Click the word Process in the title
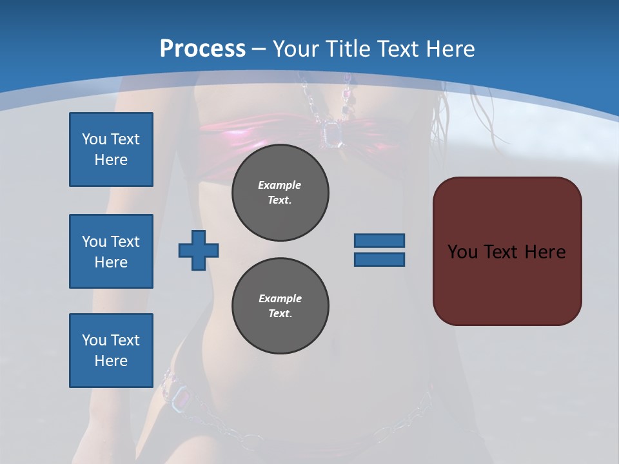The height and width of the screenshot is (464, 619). [202, 49]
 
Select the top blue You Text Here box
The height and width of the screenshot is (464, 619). [111, 150]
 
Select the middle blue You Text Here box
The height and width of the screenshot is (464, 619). [111, 251]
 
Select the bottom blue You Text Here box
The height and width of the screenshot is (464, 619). [111, 351]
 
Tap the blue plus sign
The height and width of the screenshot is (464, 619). [199, 250]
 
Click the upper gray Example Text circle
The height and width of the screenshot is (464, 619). [280, 193]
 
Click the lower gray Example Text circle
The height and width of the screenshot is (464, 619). [280, 306]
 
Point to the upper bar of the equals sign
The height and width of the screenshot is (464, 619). [379, 240]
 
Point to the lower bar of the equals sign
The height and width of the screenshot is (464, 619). [379, 259]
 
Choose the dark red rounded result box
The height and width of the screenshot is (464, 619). [507, 251]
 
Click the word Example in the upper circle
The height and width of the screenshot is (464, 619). [280, 185]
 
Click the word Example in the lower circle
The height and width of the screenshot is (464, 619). [280, 298]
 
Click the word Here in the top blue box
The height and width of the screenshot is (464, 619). [111, 160]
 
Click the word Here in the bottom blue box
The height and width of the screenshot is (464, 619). [111, 361]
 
